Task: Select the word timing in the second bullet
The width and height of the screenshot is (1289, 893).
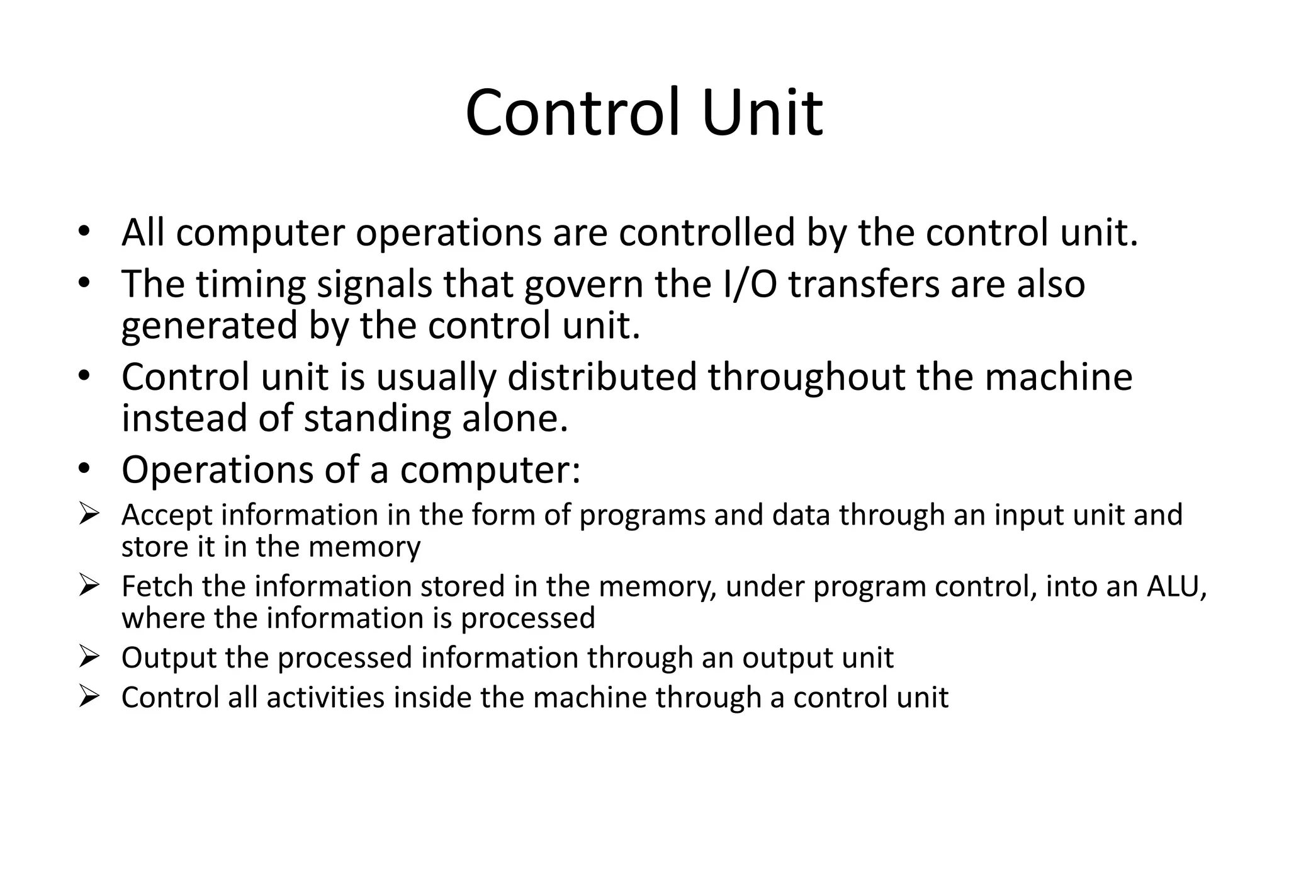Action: click(250, 284)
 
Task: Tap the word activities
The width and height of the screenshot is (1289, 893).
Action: click(325, 698)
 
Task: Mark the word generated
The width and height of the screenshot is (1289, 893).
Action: click(209, 326)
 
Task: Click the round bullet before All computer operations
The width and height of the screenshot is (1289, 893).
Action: click(84, 232)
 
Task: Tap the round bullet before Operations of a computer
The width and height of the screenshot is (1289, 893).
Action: click(84, 469)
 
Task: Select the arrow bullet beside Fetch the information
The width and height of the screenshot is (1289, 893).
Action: click(89, 587)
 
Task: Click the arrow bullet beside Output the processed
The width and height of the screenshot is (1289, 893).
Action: click(89, 658)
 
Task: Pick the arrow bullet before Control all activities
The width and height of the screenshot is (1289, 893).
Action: click(89, 698)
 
